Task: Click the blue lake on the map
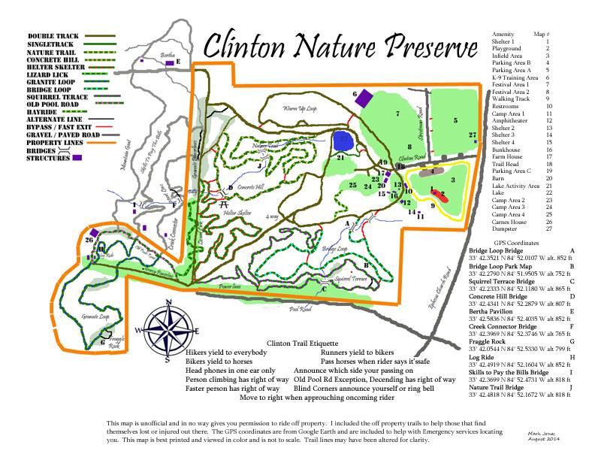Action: pos(343,140)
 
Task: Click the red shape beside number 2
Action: pos(441,195)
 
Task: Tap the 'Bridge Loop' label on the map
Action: pos(334,247)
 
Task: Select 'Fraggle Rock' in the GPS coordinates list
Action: pos(488,341)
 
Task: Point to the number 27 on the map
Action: pos(472,135)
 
